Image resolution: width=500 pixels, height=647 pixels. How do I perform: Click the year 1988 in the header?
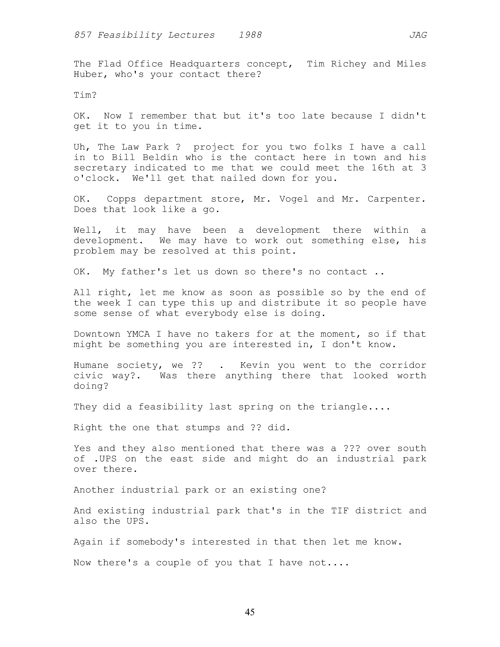[250, 35]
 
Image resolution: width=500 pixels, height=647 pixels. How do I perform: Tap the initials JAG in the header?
[418, 35]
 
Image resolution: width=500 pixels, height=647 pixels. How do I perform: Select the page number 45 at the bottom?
[250, 612]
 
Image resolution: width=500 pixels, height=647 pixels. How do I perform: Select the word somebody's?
[156, 542]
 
